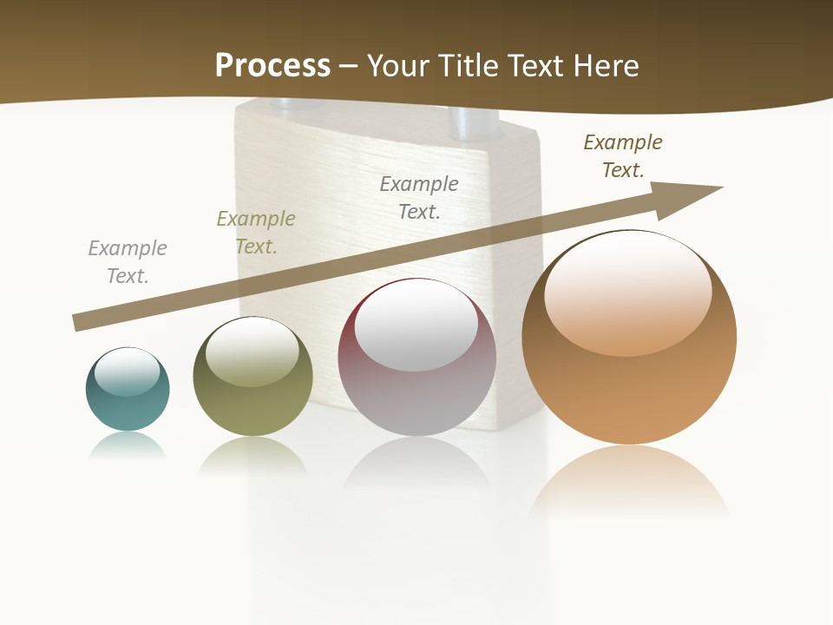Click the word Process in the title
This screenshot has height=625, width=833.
coord(272,65)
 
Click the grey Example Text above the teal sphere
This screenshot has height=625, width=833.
coord(128,262)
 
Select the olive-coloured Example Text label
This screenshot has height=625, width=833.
coord(256,233)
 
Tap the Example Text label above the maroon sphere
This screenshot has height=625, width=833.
coord(419,197)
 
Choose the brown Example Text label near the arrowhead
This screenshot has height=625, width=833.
coord(623,156)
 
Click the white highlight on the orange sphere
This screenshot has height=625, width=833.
coord(627,291)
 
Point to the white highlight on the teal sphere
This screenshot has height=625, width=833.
coord(128,372)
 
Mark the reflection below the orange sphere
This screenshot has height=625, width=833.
coord(628,482)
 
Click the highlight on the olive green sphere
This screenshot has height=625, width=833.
coord(253,352)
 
